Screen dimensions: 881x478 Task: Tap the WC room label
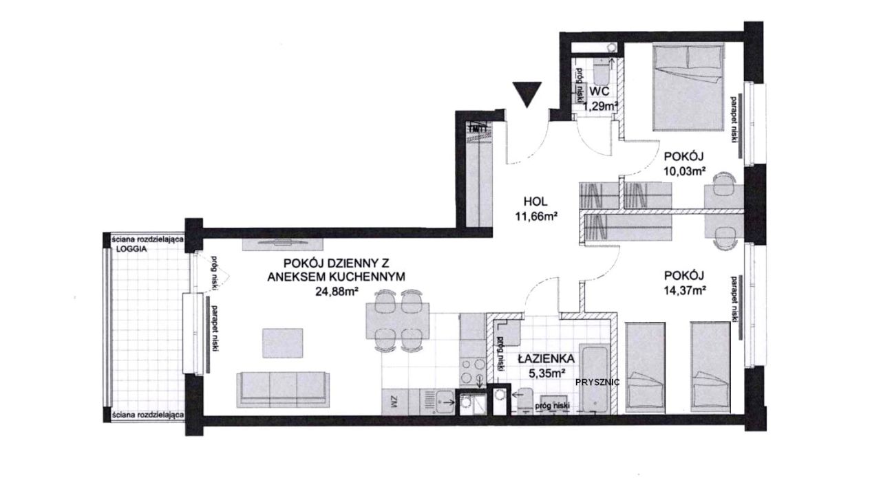tap(599, 91)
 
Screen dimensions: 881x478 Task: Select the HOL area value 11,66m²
tap(536, 216)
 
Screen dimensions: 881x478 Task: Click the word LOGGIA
tap(131, 249)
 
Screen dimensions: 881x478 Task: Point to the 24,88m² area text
tap(337, 292)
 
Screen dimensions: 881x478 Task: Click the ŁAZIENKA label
tap(546, 358)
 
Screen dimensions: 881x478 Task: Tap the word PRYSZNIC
tap(597, 382)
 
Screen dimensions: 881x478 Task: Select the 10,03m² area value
tap(684, 171)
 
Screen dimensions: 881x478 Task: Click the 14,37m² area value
tap(684, 290)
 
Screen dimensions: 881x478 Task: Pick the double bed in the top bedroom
tap(688, 87)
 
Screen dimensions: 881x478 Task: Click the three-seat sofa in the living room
tap(283, 389)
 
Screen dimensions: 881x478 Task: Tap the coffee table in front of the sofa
tap(282, 343)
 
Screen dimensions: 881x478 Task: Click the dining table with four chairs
tap(397, 321)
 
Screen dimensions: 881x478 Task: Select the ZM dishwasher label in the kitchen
tap(394, 402)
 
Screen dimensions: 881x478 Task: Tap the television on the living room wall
tap(282, 243)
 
